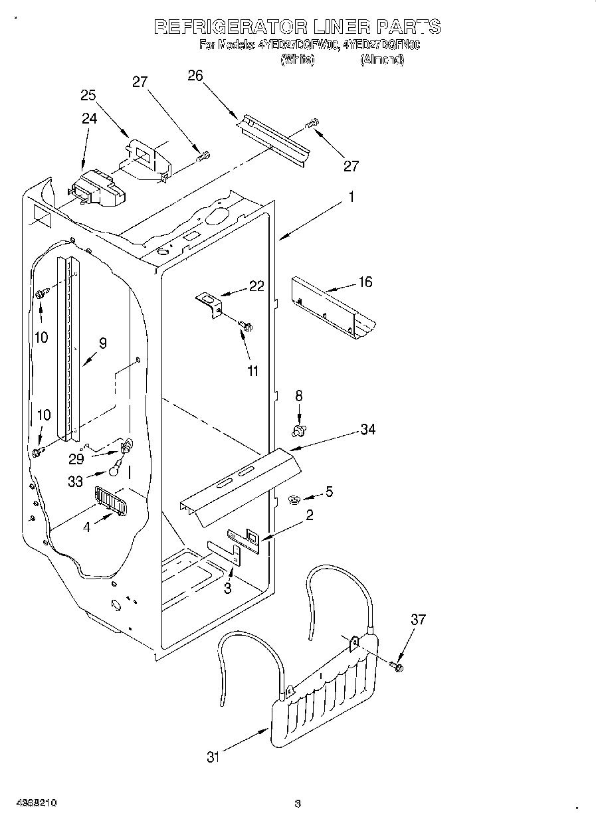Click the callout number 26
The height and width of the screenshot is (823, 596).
point(195,75)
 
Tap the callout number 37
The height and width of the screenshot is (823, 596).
point(418,620)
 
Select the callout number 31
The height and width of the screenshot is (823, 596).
point(212,757)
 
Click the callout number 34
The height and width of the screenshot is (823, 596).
point(367,430)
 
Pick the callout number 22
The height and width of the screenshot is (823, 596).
point(256,286)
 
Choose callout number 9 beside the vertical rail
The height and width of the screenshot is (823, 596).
point(102,343)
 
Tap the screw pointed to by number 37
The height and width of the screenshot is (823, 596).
point(398,665)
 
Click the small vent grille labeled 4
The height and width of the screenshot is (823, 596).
point(111,500)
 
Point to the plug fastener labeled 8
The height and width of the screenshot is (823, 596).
point(299,432)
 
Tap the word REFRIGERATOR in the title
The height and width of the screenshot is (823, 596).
point(229,27)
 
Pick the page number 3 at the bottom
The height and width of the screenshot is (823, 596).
point(298,804)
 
